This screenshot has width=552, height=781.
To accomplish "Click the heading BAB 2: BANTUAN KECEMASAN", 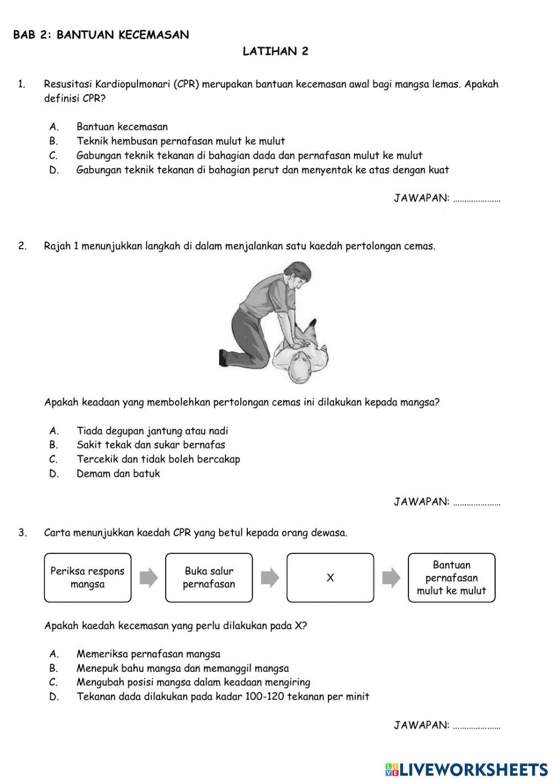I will tap(101, 35).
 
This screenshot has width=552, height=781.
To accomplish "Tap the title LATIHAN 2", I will tap(275, 51).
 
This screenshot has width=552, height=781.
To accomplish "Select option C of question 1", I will tap(249, 156).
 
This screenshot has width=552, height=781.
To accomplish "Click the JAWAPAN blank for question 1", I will tap(476, 199).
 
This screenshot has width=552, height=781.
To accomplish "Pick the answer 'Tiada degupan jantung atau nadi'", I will tap(152, 431).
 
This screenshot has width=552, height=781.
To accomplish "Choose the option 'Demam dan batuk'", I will tap(118, 474).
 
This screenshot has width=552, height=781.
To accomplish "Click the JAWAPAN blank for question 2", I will tap(476, 502).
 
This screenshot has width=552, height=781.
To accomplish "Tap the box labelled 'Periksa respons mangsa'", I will tap(88, 578).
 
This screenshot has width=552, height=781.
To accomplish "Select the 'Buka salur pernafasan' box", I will tap(209, 578).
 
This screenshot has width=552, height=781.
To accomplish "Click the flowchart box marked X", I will tap(330, 578).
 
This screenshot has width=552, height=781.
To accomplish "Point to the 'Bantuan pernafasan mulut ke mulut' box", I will tap(452, 578).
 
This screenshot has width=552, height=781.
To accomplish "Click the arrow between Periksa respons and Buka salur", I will tap(148, 578).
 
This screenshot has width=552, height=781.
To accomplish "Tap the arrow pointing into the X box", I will tap(270, 578).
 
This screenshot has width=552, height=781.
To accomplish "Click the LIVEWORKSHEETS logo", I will tap(466, 769).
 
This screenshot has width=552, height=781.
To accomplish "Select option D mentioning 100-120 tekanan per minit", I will tap(222, 697).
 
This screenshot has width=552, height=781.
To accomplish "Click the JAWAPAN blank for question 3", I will tap(476, 726).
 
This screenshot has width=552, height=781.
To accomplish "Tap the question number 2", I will tap(22, 247).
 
